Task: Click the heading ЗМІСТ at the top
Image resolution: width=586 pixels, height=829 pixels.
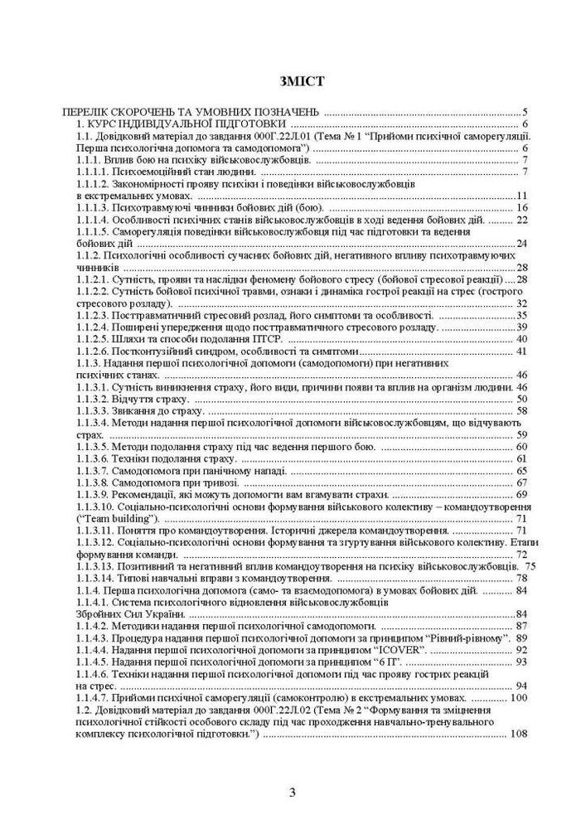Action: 293,81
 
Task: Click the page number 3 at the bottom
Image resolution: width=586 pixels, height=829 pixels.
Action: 293,793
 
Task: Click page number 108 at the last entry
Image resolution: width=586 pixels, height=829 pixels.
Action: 519,734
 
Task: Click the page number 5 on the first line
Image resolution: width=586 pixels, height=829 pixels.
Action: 525,111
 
